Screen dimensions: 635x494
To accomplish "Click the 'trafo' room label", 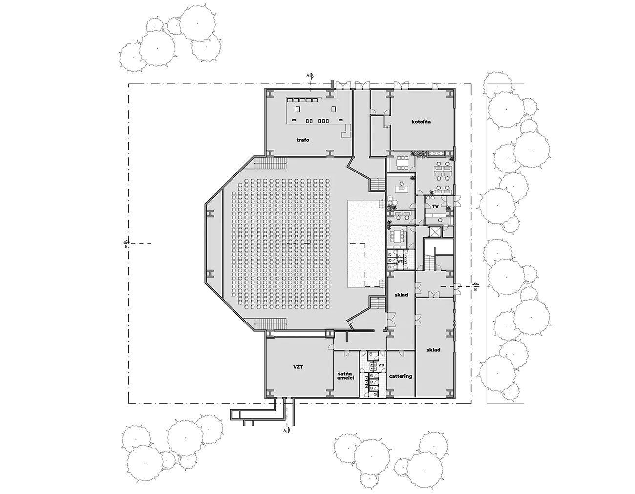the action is point(303,140).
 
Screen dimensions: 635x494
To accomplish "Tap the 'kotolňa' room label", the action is point(421,121).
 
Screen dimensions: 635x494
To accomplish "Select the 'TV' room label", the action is point(435,206).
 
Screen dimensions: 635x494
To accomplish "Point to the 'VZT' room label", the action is point(298,367).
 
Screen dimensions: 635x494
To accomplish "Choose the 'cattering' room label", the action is point(401,376).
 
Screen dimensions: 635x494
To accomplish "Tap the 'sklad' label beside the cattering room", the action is point(433,350).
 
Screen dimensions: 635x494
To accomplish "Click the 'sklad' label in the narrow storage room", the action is point(401,295).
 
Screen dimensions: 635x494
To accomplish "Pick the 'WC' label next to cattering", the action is point(381,365).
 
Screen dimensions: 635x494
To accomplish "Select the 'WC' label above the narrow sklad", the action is point(400,261).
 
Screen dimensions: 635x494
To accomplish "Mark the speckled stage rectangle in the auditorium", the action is point(365,244).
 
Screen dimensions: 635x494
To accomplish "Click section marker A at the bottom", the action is point(287,430).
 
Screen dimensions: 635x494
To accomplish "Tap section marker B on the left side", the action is point(126,243).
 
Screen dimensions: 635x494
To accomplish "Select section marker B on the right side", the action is point(476,286).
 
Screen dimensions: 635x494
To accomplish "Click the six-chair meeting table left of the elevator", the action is point(398,235).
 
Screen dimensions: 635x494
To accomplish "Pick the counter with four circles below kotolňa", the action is point(436,153).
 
